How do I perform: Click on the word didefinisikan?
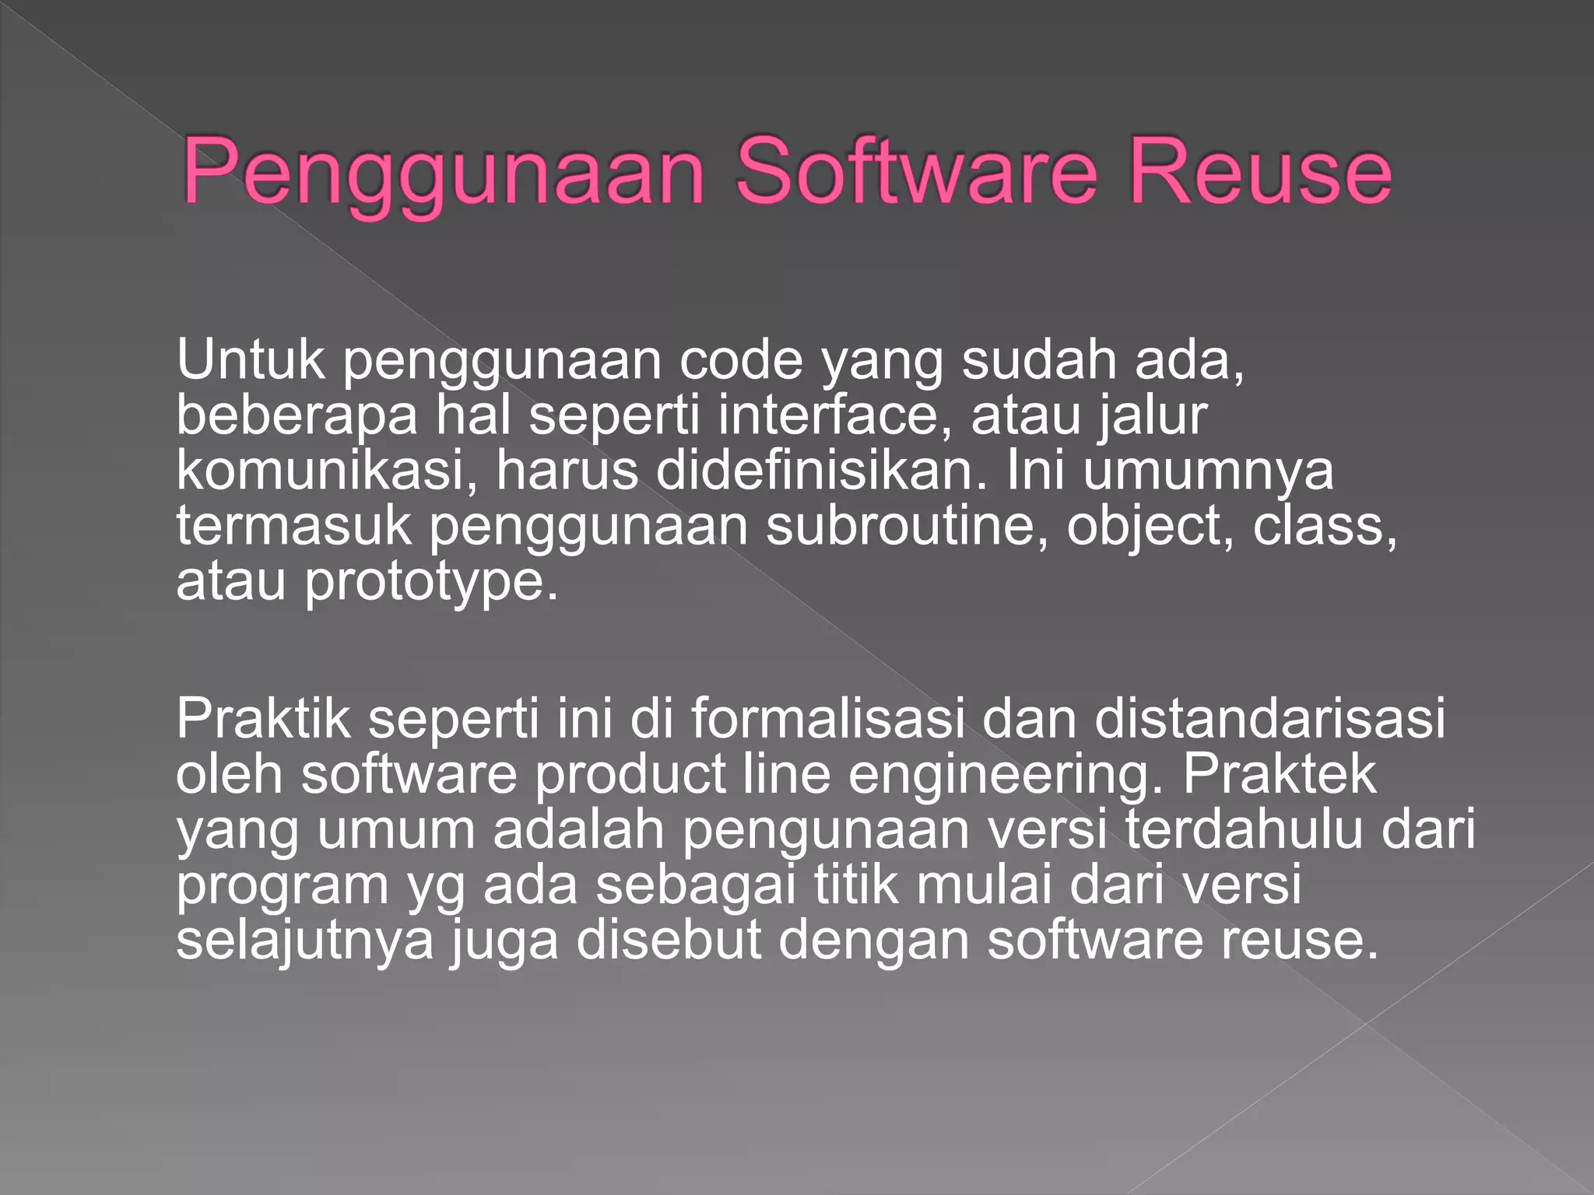coord(821,471)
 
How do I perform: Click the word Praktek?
coord(1280,773)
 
